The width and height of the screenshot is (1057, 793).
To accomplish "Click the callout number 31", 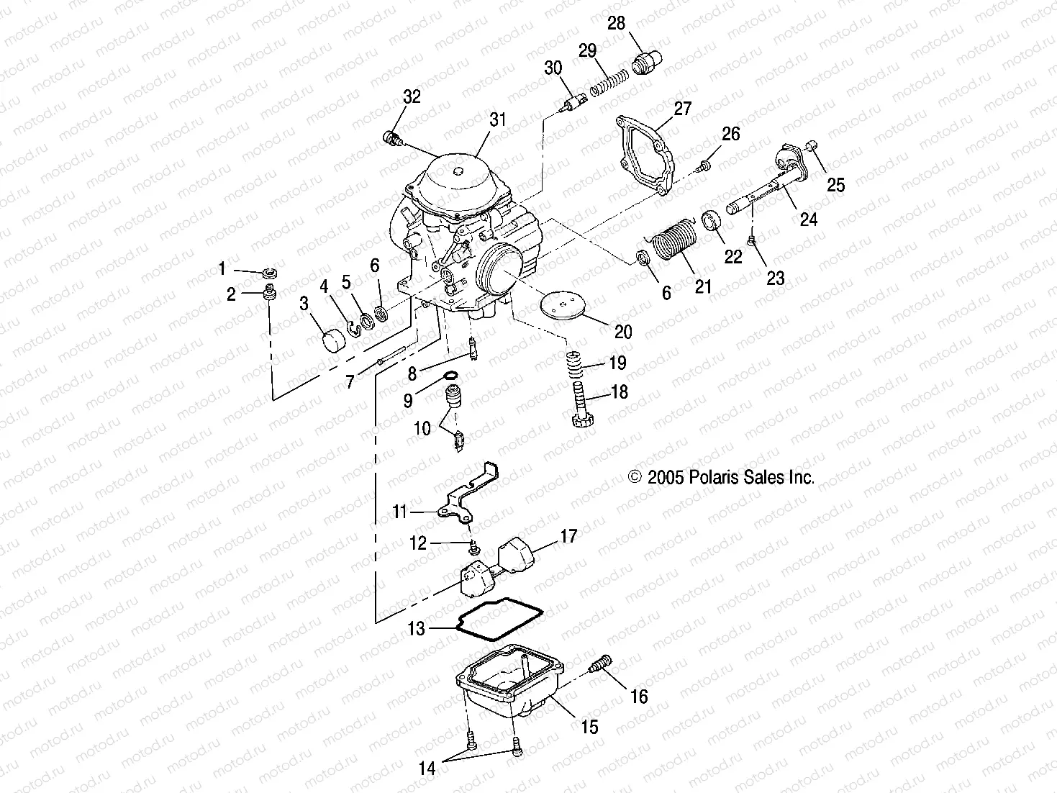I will tap(498, 119).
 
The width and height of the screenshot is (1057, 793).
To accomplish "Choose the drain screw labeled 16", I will tap(600, 663).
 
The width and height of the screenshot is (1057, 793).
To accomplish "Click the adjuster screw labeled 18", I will tap(581, 407).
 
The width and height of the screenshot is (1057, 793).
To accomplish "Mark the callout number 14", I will tap(427, 769).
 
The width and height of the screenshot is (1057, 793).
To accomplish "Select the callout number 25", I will tap(835, 185).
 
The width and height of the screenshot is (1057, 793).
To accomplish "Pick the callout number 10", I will tap(422, 429).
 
